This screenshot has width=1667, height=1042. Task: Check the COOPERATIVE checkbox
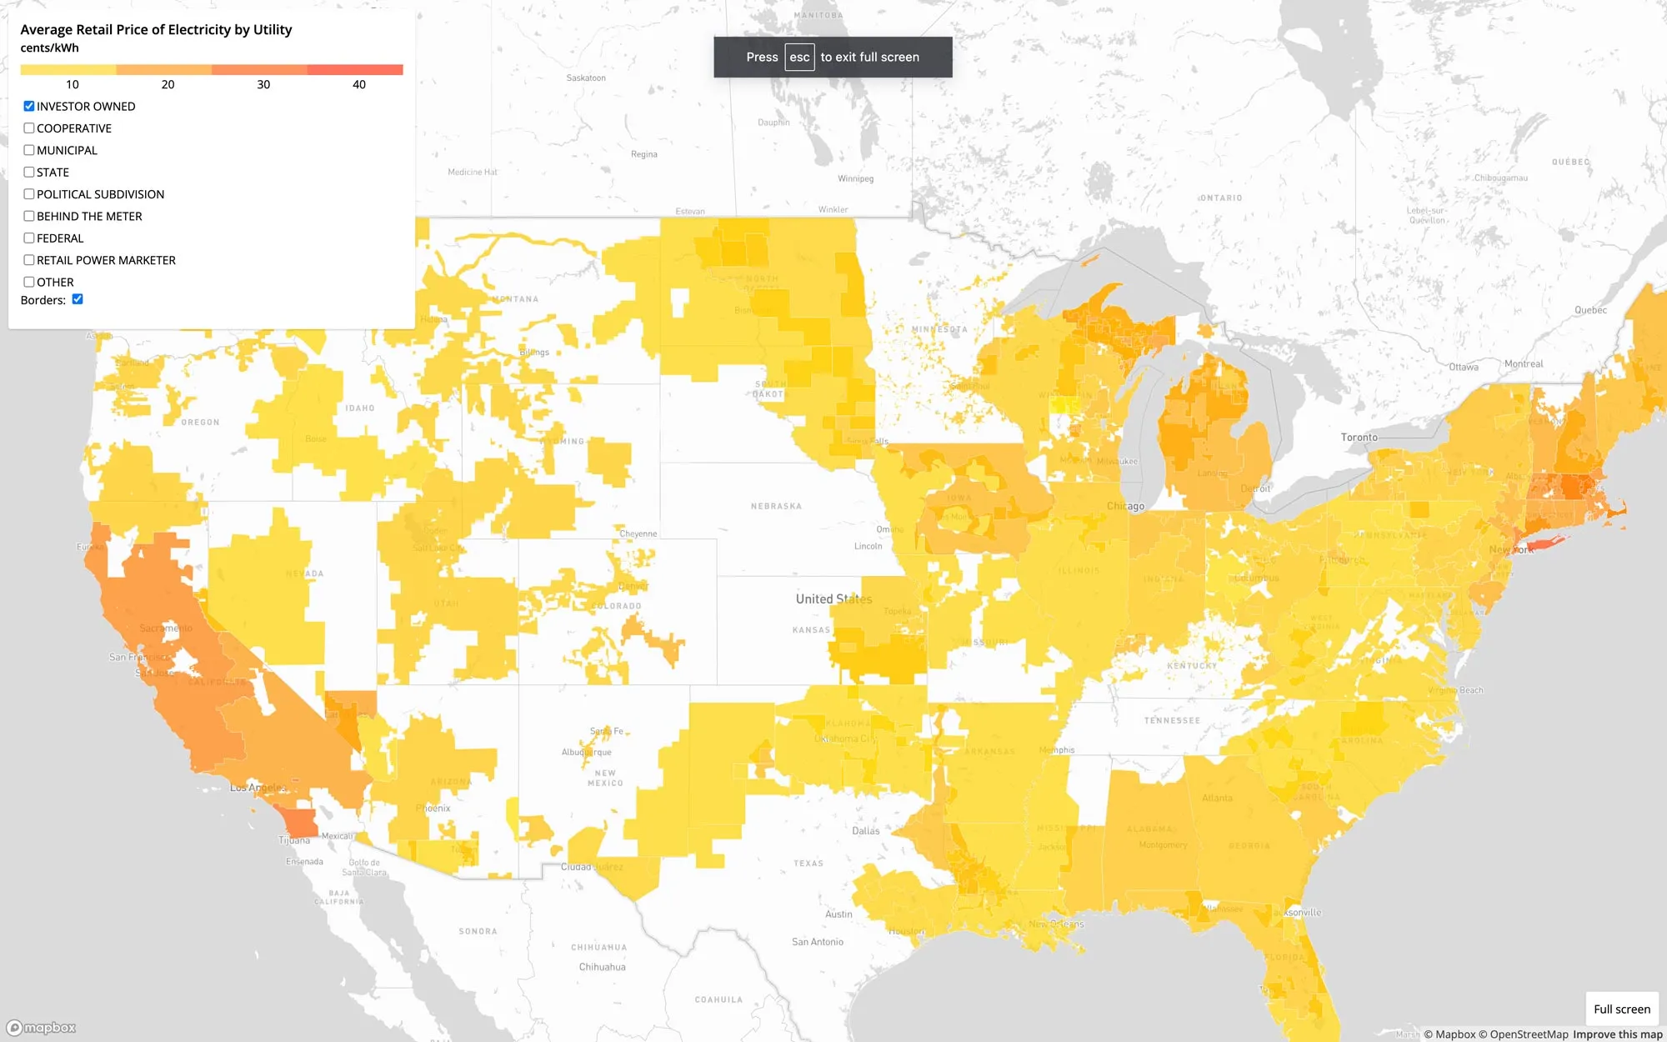(29, 128)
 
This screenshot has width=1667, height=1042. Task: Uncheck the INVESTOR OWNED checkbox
(29, 106)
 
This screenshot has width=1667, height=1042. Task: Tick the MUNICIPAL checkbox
(29, 150)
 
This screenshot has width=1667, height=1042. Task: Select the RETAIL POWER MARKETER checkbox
(29, 260)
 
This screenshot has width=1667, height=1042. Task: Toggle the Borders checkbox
(78, 299)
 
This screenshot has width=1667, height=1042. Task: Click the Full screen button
(1621, 1009)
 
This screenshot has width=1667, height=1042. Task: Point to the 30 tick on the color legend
(263, 84)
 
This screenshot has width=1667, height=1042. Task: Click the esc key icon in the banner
(799, 58)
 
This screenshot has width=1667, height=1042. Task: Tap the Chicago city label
(1125, 506)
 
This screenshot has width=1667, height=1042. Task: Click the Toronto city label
(1359, 437)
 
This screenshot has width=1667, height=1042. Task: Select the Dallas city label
(865, 830)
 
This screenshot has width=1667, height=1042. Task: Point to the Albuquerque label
(586, 752)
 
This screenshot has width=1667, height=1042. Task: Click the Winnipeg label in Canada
(855, 178)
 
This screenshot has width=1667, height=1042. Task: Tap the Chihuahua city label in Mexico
(602, 967)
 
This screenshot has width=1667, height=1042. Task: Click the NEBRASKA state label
(776, 506)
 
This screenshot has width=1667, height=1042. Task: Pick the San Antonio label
(817, 942)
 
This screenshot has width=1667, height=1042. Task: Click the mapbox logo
(42, 1028)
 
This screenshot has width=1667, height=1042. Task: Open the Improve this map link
(1617, 1034)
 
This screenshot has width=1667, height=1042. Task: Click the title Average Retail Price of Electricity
(156, 30)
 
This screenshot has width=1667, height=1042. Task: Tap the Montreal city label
(1523, 363)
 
